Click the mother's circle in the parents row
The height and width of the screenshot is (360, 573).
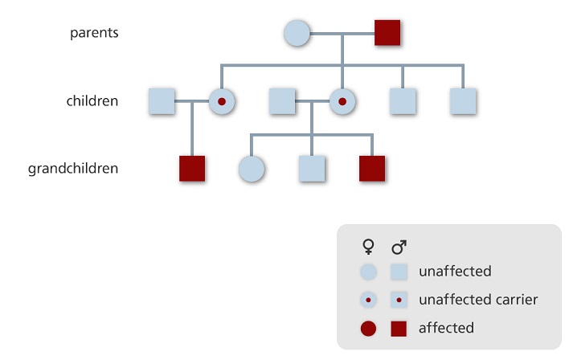[297, 34]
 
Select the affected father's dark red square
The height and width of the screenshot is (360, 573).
[387, 34]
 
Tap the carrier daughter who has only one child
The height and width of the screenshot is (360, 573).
[221, 101]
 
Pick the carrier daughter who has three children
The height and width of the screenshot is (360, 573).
[342, 101]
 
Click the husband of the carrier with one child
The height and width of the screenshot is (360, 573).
[162, 101]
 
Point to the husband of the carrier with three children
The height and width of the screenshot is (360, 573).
[282, 101]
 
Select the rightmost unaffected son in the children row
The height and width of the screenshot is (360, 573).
[463, 101]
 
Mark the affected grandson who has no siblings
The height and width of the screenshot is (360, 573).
[192, 169]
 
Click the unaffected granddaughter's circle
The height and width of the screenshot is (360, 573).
[252, 169]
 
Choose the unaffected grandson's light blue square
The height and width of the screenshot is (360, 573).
[312, 169]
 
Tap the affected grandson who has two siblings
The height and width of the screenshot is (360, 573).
[372, 169]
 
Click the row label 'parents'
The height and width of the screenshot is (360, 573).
[94, 33]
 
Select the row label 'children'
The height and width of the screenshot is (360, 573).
[92, 101]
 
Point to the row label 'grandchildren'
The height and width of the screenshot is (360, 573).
[73, 169]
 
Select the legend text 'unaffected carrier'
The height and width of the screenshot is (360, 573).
[477, 300]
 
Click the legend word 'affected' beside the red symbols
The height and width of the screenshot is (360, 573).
[446, 328]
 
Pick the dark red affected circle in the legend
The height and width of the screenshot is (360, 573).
[369, 328]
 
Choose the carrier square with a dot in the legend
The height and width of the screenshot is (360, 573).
[399, 300]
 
